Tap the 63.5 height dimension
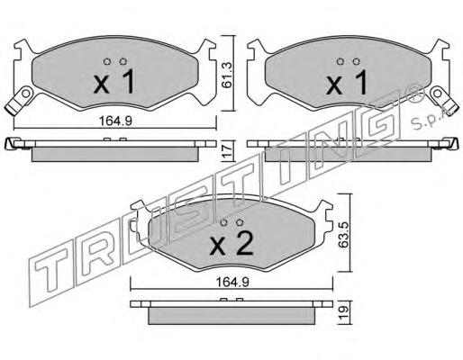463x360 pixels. tap(343, 235)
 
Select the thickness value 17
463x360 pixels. tap(228, 151)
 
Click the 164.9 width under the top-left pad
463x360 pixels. tap(115, 121)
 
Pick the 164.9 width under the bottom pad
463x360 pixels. tap(232, 282)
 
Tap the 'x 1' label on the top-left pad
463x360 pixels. tap(114, 82)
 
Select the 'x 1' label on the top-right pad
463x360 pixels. tap(347, 82)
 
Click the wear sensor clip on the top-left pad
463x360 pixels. tap(19, 100)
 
